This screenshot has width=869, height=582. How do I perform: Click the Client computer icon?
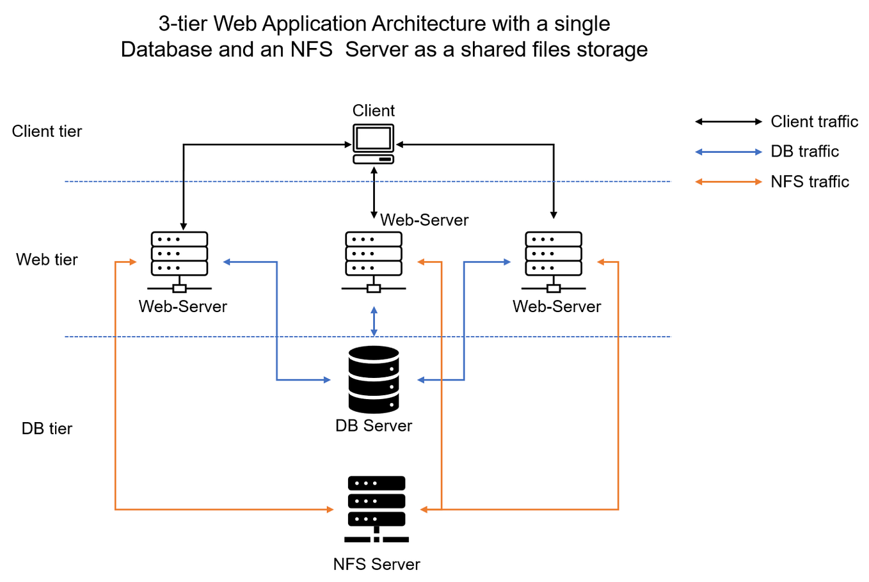[x=374, y=144]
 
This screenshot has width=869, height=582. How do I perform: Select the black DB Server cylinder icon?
[x=374, y=379]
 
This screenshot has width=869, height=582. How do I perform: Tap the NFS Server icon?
[x=376, y=509]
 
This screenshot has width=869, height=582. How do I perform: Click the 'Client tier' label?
[x=47, y=131]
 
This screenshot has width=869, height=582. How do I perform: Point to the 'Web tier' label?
[x=47, y=260]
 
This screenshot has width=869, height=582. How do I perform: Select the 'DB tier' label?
[x=47, y=429]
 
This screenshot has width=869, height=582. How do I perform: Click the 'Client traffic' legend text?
[x=814, y=122]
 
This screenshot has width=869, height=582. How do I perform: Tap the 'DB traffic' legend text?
[x=804, y=152]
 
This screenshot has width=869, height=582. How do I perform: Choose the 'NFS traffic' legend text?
[x=809, y=182]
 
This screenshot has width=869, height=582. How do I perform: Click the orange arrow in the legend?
[x=728, y=182]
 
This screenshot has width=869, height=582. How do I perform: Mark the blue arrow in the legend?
[x=728, y=152]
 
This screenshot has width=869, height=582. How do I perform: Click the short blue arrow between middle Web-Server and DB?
[x=374, y=321]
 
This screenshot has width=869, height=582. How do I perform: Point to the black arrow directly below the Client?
[x=374, y=192]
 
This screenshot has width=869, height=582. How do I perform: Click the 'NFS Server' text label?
[x=376, y=564]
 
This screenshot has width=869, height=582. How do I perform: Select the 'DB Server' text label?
[x=374, y=426]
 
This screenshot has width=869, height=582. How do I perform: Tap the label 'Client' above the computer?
[x=374, y=111]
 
